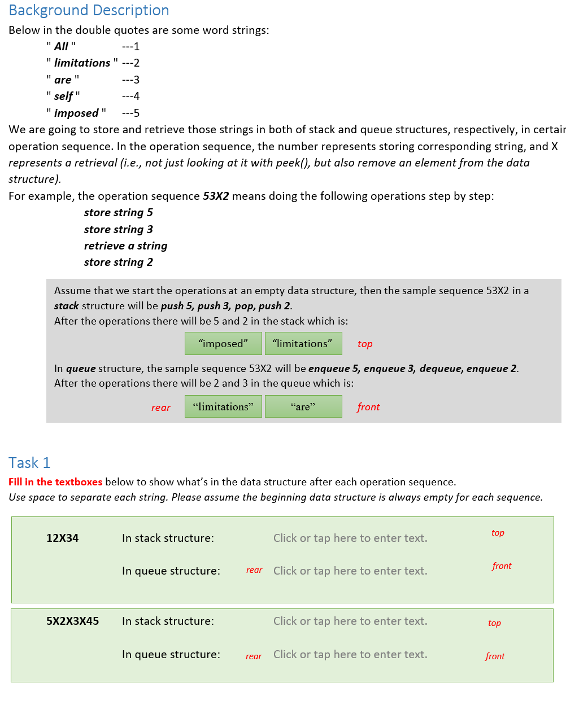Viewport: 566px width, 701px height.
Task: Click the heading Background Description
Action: tap(89, 11)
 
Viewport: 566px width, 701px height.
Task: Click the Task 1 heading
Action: tap(29, 463)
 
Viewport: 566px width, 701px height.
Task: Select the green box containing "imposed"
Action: tap(223, 344)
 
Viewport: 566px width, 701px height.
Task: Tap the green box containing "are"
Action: tap(303, 406)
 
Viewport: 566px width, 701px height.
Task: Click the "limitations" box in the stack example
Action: tap(303, 344)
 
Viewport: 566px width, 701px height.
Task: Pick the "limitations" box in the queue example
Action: tap(223, 406)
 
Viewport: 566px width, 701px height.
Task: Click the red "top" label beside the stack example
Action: tap(365, 344)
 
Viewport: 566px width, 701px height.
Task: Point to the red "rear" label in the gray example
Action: tap(160, 408)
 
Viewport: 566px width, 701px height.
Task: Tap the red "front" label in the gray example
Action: tap(368, 407)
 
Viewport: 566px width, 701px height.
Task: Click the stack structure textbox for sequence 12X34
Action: tap(350, 538)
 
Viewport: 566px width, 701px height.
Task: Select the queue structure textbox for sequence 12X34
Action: tap(350, 571)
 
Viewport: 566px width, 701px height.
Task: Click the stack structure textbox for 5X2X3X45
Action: tap(350, 621)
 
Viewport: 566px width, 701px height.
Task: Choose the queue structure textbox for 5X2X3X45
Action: tap(350, 655)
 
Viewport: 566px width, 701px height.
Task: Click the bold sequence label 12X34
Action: tap(62, 538)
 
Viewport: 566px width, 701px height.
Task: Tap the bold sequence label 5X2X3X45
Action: tap(72, 621)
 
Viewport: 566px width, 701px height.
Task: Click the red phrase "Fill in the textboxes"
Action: tap(55, 482)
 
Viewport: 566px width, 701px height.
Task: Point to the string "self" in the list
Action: tap(63, 97)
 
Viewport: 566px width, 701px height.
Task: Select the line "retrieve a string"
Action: tap(125, 246)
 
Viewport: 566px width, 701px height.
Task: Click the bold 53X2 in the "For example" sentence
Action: tap(216, 196)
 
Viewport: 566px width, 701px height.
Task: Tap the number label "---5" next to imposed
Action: tap(130, 113)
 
